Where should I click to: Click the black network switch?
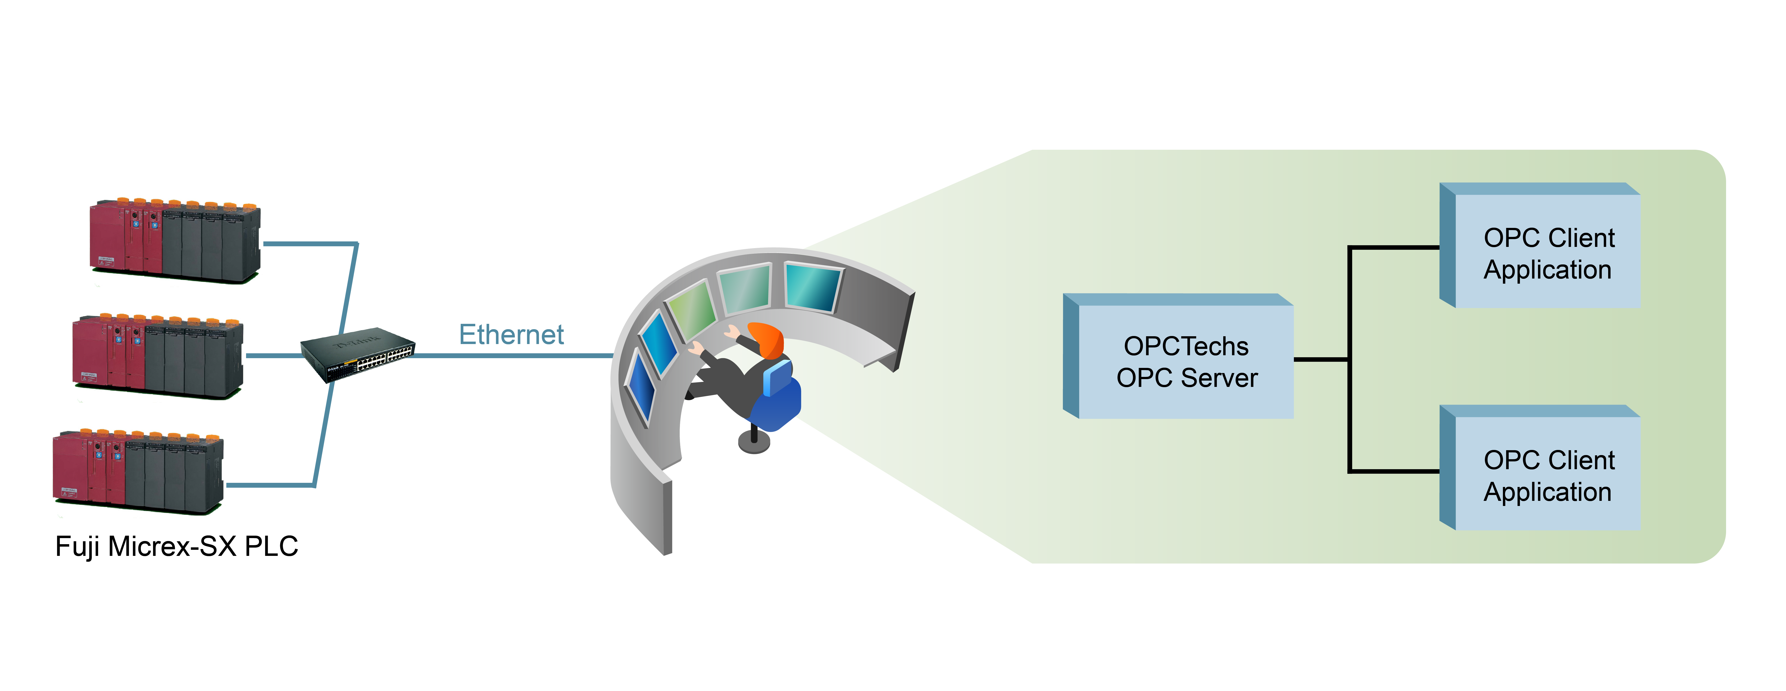pyautogui.click(x=358, y=354)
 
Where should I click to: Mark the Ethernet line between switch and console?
pyautogui.click(x=513, y=355)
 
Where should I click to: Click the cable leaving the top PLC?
pyautogui.click(x=308, y=244)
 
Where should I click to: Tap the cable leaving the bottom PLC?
pyautogui.click(x=270, y=485)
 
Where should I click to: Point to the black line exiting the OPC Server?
pyautogui.click(x=1321, y=359)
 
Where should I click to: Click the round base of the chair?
pyautogui.click(x=754, y=442)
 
